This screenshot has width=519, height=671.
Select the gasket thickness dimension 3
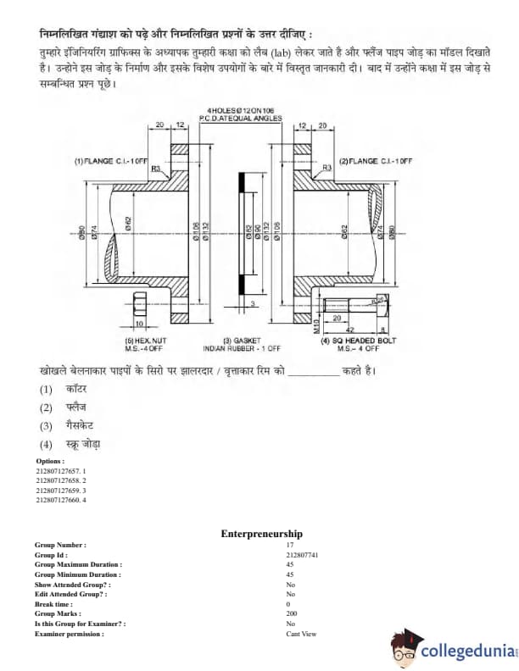click(252, 303)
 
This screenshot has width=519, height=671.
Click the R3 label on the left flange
click(156, 169)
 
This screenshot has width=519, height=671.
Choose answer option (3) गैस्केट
click(71, 426)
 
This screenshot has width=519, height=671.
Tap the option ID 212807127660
click(61, 500)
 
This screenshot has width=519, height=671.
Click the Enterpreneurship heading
click(261, 534)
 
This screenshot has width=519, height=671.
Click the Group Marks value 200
click(292, 613)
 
